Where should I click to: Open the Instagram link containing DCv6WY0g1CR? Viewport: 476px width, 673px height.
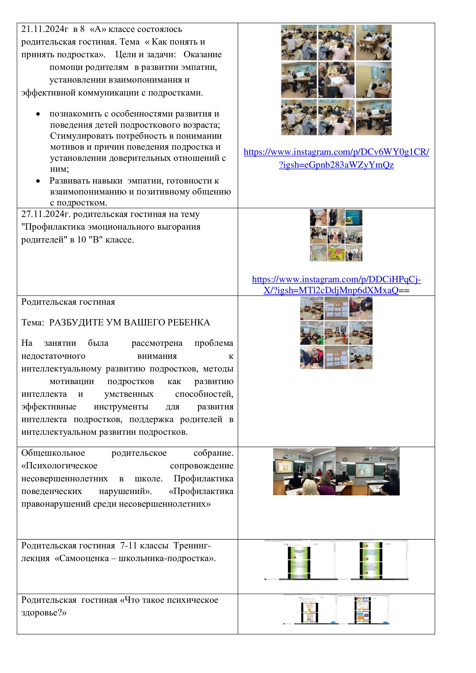coord(336,152)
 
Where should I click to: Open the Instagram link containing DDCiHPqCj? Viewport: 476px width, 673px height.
coord(336,280)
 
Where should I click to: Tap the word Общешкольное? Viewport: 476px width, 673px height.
coord(53,453)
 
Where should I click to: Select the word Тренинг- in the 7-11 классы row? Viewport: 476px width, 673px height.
coord(192,546)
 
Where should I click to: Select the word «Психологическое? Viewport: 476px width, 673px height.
coord(59,466)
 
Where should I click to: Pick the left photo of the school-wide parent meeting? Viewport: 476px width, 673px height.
coord(304,471)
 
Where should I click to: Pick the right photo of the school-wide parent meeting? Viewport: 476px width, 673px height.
coord(367,471)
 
